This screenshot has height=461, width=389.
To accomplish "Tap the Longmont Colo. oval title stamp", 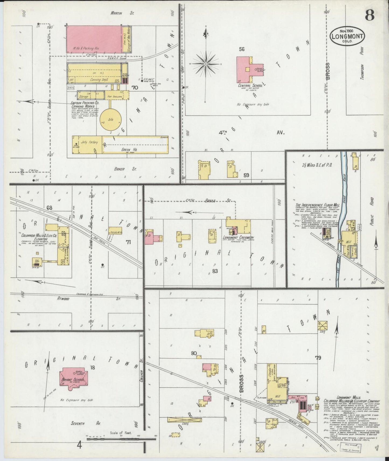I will pos(347,35).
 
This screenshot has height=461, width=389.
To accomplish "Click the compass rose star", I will pos(206,64).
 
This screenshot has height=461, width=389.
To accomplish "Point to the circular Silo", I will pos(110,119).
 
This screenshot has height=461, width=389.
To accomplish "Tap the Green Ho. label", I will pos(131,150).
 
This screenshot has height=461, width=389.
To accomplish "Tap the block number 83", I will pos(215,271).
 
